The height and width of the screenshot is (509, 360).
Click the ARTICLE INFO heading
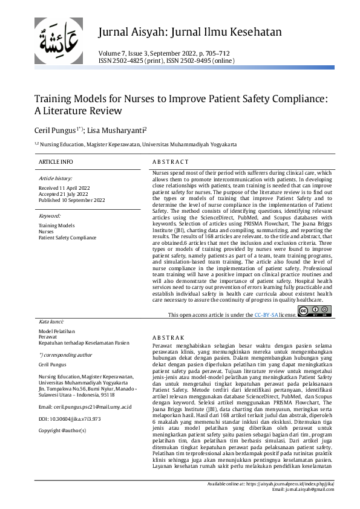point(56,162)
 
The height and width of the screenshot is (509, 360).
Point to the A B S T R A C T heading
point(170,162)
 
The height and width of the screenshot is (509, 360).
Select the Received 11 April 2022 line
point(64,189)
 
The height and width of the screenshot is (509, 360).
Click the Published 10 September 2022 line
point(71,200)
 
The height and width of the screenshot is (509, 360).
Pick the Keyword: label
point(50,215)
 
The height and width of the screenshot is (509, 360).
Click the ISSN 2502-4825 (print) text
point(128,61)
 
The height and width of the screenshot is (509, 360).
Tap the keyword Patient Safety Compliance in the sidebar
point(67,238)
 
